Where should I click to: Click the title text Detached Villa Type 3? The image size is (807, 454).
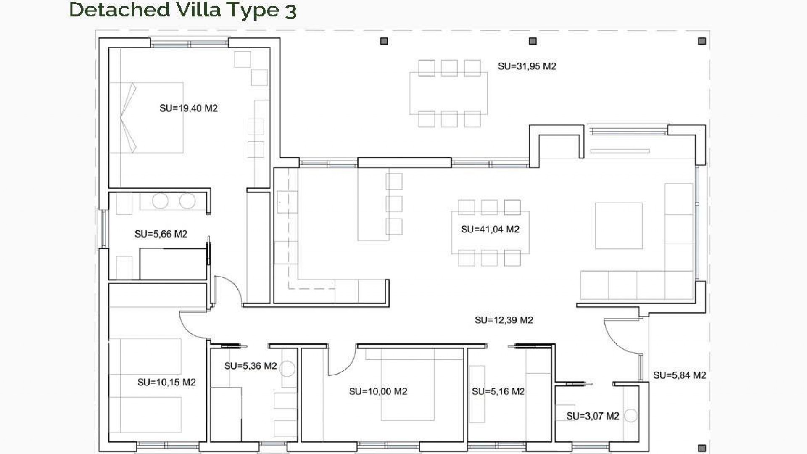click(x=182, y=10)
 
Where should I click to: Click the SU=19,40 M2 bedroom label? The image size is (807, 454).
click(x=188, y=108)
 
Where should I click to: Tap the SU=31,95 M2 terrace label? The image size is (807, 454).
click(x=527, y=66)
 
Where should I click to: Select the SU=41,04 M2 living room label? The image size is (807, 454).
click(x=490, y=229)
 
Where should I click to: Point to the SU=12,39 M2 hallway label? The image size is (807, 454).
click(x=504, y=320)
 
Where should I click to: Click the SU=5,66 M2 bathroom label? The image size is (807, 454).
click(x=161, y=234)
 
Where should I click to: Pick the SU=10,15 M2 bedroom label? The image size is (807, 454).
click(x=166, y=382)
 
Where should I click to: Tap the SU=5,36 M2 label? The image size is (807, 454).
click(x=250, y=366)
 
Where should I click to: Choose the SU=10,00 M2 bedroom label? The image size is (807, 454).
click(x=378, y=391)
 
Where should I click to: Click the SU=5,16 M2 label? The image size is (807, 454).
click(x=498, y=391)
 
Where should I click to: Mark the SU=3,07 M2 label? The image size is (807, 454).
click(x=592, y=416)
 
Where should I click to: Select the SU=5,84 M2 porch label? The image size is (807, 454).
click(x=679, y=375)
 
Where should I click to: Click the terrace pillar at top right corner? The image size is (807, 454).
click(x=702, y=41)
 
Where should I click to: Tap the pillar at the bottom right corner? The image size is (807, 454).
click(x=702, y=448)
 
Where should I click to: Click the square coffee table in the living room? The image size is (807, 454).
click(x=619, y=226)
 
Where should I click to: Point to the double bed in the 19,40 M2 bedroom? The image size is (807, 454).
click(x=146, y=117)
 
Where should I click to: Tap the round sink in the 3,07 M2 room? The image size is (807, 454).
click(x=630, y=416)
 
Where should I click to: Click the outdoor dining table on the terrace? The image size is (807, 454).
click(x=448, y=93)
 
